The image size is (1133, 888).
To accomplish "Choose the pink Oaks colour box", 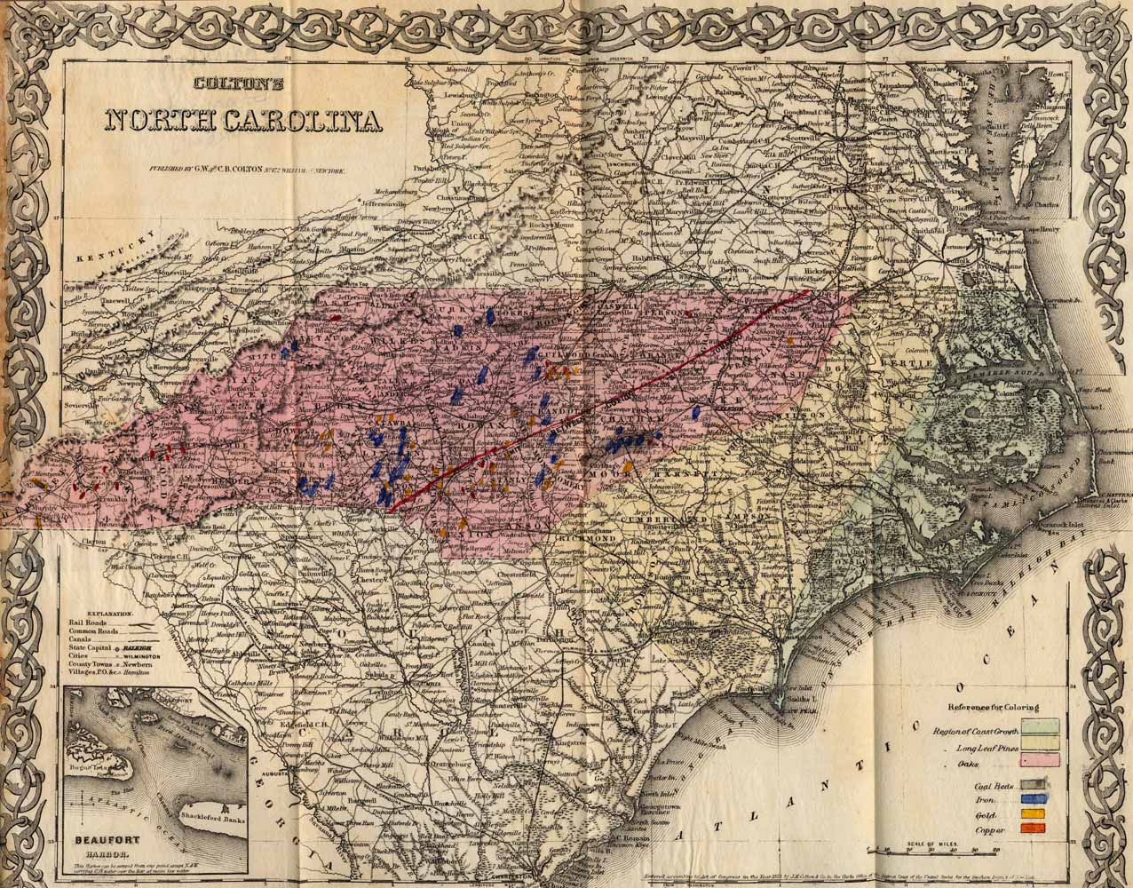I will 1041,760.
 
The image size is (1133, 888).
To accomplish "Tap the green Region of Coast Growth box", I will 1041,731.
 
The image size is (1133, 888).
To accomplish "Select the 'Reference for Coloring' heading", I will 993,707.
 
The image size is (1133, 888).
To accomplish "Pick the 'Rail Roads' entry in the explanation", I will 87,623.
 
